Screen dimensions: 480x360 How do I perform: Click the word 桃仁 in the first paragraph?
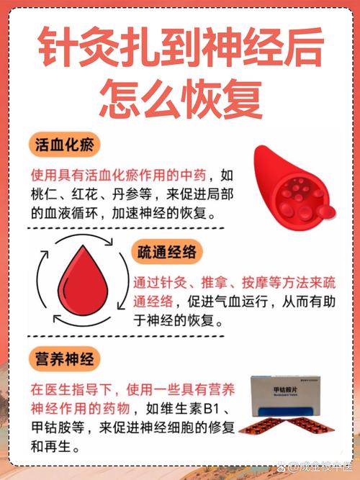point(45,194)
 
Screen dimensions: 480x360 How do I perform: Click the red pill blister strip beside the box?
point(288,430)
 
